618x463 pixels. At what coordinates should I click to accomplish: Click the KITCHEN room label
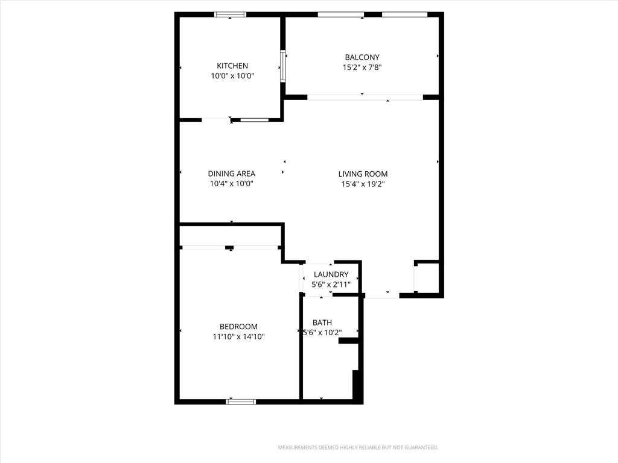232,66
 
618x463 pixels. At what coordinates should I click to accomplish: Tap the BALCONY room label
362,57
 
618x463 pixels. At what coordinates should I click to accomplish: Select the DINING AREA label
231,174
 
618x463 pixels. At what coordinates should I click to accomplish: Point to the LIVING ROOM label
363,174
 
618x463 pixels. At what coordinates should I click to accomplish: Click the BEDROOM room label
238,327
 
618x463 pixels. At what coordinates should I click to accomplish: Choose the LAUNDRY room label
331,274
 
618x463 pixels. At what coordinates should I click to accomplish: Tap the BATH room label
322,323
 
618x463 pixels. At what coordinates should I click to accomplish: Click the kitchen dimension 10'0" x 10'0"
232,76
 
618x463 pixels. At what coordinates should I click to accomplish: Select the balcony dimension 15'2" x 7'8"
362,68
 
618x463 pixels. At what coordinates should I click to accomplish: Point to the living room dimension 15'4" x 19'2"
363,184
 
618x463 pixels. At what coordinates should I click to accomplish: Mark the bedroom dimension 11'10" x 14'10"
238,336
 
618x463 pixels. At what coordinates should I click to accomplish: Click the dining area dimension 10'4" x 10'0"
231,183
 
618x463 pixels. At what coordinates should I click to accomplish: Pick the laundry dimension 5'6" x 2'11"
331,285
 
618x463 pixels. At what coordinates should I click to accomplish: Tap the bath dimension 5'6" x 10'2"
322,333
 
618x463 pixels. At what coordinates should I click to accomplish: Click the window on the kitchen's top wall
230,14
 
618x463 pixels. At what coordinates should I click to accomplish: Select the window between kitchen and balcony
283,66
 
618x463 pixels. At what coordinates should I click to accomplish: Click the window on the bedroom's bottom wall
241,402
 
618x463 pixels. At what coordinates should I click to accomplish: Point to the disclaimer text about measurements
358,448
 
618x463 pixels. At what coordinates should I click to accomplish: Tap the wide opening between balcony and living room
365,97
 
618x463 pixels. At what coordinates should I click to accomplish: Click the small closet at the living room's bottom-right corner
427,278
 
